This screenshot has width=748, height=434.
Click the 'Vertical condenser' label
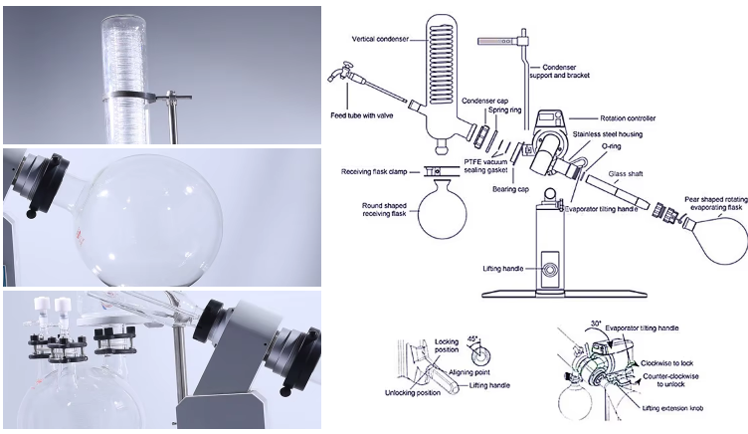pos(380,39)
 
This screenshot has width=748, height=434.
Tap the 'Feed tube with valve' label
pos(362,115)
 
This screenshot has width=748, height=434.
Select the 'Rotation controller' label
pos(628,117)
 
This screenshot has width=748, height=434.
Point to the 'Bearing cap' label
pos(510,189)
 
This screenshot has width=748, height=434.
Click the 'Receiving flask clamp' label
pos(374,171)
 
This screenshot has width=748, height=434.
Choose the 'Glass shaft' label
pos(626,174)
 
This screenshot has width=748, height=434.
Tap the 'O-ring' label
pos(611,146)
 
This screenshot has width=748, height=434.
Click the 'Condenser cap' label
pos(484,101)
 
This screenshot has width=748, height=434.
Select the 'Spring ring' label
pos(504,109)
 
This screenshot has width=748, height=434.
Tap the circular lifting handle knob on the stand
pos(549,270)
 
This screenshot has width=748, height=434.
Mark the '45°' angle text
pos(472,337)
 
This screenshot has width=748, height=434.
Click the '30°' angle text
pos(596,324)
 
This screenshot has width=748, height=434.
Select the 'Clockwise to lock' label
pos(666,363)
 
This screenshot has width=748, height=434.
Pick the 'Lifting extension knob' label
pos(672,408)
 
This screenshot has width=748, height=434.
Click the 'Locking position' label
pos(447,345)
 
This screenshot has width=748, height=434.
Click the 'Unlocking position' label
pos(413,393)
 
